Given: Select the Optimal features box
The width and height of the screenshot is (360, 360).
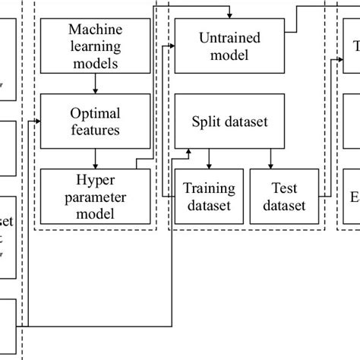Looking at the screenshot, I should coord(93,121).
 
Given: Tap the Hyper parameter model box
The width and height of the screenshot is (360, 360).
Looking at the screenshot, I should coord(93,196).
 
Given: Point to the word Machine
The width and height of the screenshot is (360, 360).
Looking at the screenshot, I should coord(94,30).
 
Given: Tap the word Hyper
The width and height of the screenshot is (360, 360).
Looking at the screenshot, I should coord(94,179).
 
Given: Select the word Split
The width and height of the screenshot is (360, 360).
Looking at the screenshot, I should coord(210,121).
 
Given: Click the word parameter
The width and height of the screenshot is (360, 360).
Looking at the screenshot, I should coord(94,196).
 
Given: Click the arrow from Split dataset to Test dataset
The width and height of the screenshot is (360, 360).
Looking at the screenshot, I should coord(270,159).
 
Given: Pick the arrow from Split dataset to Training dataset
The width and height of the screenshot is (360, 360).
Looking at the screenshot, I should coord(210,159).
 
